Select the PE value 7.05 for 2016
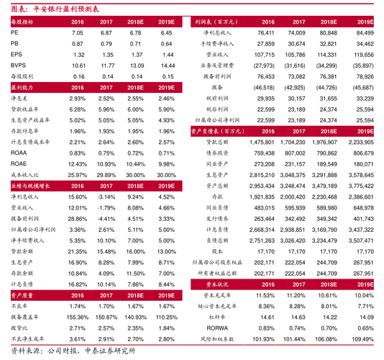78,33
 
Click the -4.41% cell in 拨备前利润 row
107,217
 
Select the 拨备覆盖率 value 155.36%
77,297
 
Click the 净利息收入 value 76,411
265,33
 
